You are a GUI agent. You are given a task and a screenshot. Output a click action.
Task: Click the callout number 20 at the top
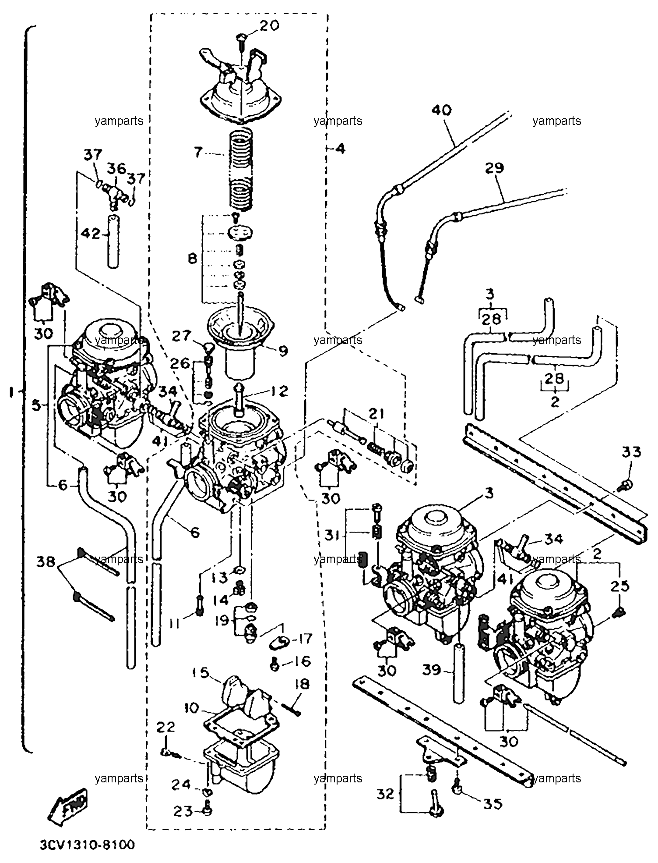tap(269, 26)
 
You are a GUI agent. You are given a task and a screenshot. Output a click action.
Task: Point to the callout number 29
tap(494, 168)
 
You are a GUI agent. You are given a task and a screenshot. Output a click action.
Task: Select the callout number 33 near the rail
tap(631, 452)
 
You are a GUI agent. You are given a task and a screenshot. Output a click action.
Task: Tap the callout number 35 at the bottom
tap(493, 804)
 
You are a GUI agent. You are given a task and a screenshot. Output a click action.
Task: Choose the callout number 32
tap(385, 794)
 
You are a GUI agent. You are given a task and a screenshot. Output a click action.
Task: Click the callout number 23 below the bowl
tap(182, 812)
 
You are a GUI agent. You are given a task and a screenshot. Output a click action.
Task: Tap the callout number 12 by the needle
tap(280, 391)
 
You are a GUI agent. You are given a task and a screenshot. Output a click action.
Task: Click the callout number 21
tap(377, 414)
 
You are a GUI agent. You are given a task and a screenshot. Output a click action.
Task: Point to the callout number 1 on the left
tap(11, 393)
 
